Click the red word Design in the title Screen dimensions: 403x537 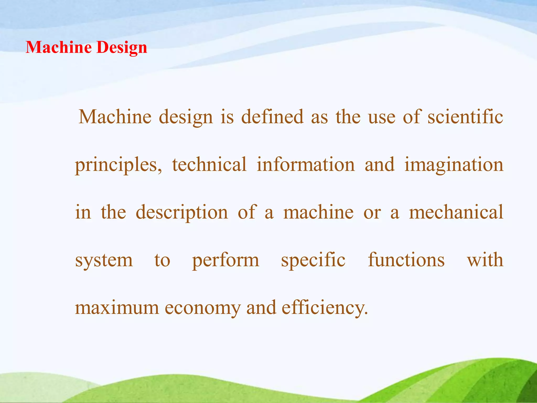tap(122, 48)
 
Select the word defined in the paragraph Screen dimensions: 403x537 tap(272, 117)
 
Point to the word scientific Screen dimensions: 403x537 tap(465, 117)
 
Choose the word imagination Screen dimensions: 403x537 tap(454, 165)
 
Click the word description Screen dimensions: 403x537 tap(182, 213)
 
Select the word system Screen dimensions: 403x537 tap(104, 261)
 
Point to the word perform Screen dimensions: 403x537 tap(225, 261)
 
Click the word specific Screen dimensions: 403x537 tap(313, 261)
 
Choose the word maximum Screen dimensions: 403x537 tap(117, 308)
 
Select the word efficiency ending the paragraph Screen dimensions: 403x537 tap(325, 308)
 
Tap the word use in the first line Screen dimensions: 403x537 tap(382, 117)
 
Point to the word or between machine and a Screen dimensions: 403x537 tap(372, 213)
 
